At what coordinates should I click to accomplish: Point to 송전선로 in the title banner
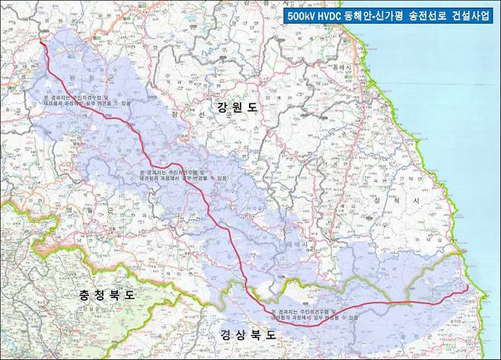431,15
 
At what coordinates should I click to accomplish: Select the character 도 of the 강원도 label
252,108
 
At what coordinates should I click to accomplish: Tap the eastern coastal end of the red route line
466,290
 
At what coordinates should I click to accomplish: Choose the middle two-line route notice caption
182,176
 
